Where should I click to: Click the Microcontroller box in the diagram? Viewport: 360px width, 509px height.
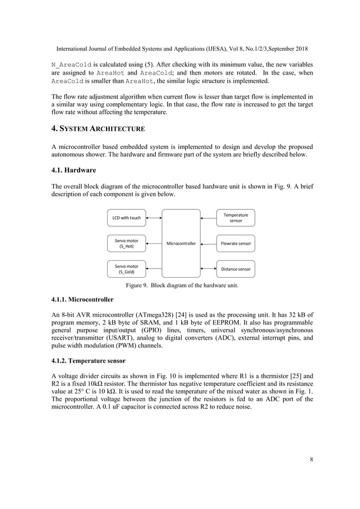point(181,244)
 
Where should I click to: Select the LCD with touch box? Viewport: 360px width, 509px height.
point(126,217)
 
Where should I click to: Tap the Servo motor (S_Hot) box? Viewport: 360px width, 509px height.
point(126,244)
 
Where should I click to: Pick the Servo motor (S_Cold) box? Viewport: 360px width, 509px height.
point(126,269)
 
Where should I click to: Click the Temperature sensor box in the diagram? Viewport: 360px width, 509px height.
point(236,217)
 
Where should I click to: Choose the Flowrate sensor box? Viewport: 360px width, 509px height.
point(236,244)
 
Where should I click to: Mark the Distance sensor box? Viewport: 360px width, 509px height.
point(236,269)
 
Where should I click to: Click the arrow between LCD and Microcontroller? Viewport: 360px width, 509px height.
point(154,217)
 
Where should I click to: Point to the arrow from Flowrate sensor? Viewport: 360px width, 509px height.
point(209,244)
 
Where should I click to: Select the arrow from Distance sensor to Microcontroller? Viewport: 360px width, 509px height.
point(209,269)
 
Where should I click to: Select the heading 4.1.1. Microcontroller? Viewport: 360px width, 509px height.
point(82,299)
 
